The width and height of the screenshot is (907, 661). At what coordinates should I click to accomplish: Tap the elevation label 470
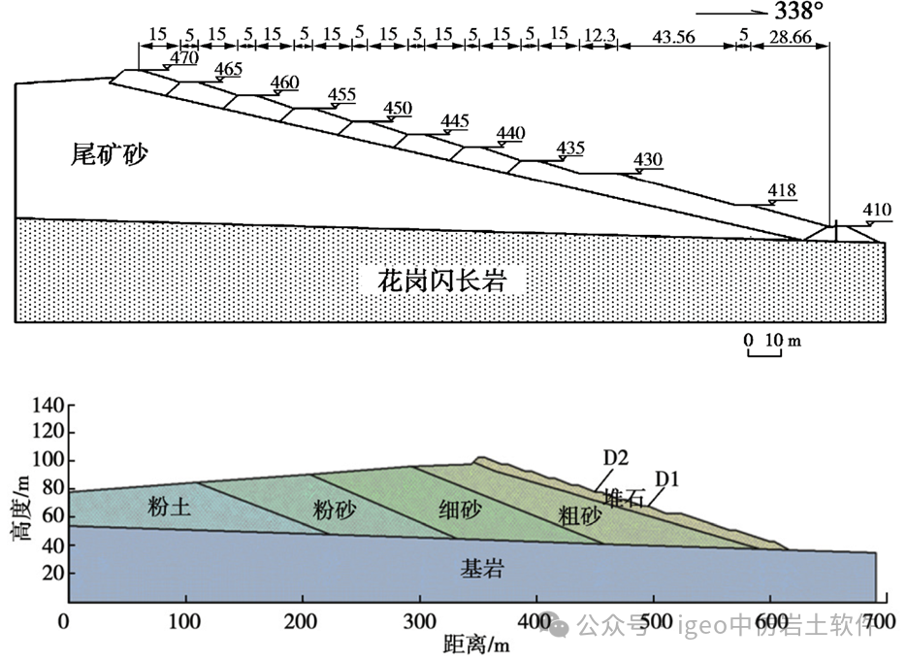(x=183, y=57)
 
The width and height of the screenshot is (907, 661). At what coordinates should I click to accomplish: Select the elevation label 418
(x=781, y=191)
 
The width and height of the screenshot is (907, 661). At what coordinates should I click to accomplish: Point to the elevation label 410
(x=876, y=211)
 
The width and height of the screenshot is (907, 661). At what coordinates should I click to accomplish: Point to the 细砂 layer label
(x=448, y=508)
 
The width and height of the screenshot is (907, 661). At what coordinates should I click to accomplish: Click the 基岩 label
(x=481, y=569)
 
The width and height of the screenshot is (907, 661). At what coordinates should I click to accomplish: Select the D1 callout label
(x=666, y=478)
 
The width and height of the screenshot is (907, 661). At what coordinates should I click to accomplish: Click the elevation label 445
(x=454, y=121)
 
